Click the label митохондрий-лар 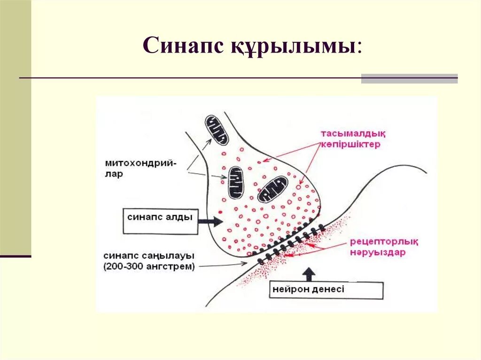point(141,169)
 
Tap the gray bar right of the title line point(409,78)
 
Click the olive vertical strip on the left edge point(15,127)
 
